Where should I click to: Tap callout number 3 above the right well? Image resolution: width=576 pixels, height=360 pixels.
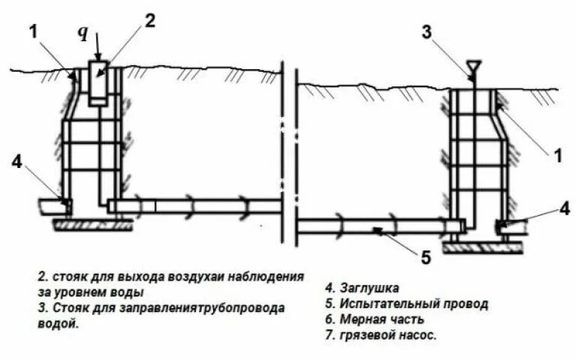click(427, 32)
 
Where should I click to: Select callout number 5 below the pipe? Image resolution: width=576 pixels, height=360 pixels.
click(424, 257)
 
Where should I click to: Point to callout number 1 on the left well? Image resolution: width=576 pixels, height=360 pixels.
click(33, 31)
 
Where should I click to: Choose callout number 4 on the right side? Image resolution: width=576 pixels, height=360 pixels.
click(564, 209)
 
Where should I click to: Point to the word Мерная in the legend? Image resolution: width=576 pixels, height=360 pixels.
click(361, 319)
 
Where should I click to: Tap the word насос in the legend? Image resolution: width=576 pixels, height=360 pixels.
click(418, 335)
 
